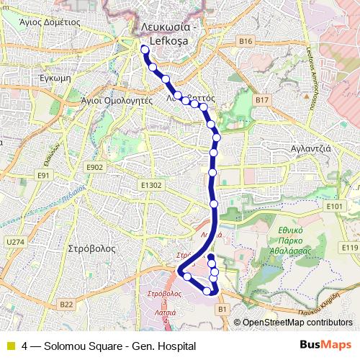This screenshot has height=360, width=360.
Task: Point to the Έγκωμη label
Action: tap(54, 76)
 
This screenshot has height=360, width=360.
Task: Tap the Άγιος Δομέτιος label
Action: tap(50, 22)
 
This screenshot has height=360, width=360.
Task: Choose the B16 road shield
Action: tap(246, 41)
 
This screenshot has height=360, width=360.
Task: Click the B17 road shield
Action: tap(261, 99)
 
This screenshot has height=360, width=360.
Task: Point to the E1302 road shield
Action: tap(151, 185)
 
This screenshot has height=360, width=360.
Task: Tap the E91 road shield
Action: tap(45, 175)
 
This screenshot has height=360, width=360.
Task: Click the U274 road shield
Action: tap(14, 242)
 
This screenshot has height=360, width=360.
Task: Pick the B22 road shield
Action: tap(67, 305)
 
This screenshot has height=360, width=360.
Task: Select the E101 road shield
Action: tap(333, 206)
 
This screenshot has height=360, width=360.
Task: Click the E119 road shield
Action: tap(349, 247)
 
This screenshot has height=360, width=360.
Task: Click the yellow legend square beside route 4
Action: tap(10, 346)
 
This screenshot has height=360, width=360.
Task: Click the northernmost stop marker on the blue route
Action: tap(145, 50)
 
